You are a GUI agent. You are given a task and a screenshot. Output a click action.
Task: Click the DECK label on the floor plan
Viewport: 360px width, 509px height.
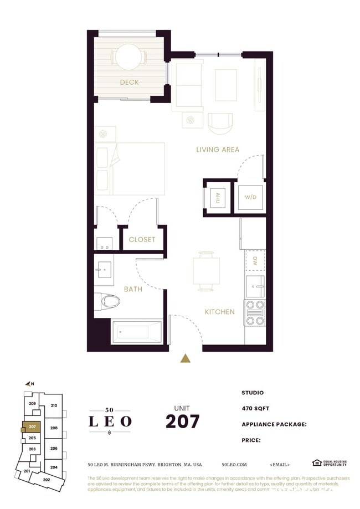coord(129,83)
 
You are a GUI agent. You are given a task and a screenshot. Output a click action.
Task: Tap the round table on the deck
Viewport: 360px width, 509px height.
coord(128,56)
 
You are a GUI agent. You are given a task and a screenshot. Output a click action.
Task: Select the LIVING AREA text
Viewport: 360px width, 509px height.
coord(218,150)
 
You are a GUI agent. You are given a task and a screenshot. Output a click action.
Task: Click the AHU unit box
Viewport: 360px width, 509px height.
coord(218,197)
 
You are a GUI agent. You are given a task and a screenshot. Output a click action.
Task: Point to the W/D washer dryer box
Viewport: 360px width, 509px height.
coord(250,197)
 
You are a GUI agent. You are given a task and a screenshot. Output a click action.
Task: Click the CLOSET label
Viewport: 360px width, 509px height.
coord(142,239)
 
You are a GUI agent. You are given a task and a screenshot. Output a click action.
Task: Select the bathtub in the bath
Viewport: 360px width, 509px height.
coord(136,332)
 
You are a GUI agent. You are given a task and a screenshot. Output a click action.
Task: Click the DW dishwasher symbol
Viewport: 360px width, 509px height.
coord(255,260)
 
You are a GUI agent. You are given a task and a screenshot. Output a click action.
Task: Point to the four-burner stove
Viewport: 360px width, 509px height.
coord(255,312)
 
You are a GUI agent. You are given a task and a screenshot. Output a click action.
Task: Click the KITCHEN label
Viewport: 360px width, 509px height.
coord(220,312)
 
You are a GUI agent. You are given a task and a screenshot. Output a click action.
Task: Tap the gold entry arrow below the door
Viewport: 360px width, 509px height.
coord(186,359)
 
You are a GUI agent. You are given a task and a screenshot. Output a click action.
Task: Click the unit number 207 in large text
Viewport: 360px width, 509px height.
coord(182,421)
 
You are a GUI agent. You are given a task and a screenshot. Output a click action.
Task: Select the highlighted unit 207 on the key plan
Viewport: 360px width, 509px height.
coord(32,427)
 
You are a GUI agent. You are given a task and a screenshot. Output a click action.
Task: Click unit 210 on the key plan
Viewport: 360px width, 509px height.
coord(54,405)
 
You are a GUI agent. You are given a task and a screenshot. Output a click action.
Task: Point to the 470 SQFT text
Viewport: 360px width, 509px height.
coord(255,408)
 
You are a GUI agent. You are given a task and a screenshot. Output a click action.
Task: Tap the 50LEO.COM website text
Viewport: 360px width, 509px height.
coord(234,465)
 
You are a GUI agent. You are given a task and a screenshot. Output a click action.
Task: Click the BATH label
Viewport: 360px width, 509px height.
coord(133,289)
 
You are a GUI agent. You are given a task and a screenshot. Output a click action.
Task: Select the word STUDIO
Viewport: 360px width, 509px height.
coord(253,393)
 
